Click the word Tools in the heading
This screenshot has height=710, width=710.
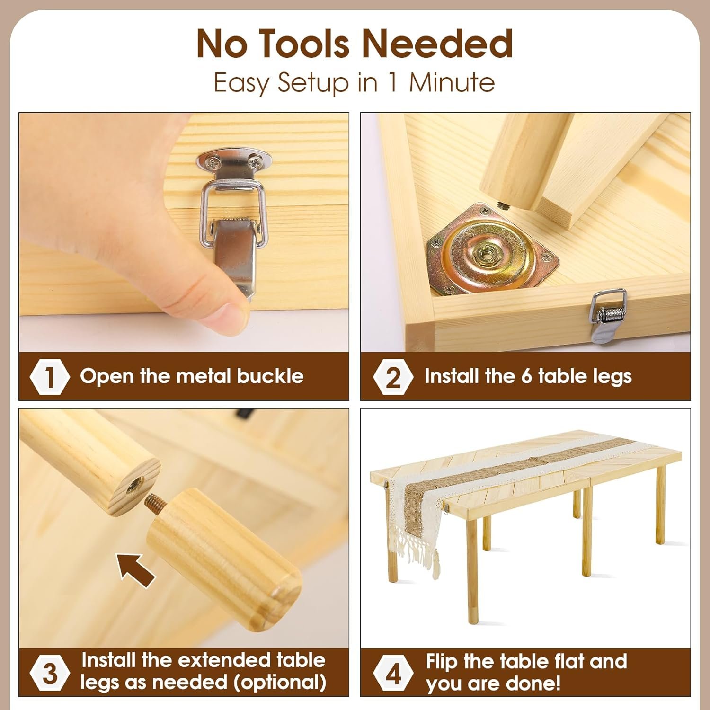click(306, 44)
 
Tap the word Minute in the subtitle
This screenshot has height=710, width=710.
click(452, 82)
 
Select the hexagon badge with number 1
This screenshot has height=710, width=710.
click(50, 377)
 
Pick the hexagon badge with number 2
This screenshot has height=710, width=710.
click(393, 377)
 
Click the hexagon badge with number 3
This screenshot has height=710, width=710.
click(50, 673)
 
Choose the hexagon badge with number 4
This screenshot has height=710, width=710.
click(393, 673)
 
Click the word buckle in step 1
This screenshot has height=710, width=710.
click(270, 376)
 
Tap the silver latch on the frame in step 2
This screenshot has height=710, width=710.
click(606, 316)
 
